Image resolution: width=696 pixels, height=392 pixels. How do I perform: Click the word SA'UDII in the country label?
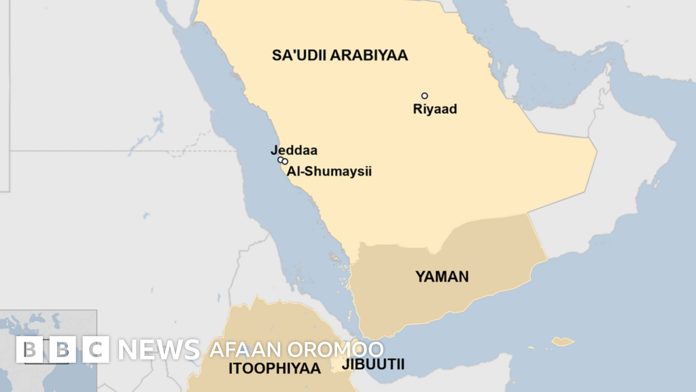tap(300, 56)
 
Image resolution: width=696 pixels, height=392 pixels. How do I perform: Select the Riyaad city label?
tap(435, 109)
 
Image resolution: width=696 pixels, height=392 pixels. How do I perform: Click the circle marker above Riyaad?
tap(425, 96)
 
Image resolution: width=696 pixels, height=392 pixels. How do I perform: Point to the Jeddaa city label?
tap(294, 150)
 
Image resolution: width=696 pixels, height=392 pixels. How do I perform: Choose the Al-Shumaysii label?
tap(329, 171)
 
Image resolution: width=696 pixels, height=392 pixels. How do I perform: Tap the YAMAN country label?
tap(442, 276)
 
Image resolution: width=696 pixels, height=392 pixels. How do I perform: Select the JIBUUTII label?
tap(374, 364)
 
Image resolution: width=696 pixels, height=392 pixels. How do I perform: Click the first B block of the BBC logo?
tap(29, 349)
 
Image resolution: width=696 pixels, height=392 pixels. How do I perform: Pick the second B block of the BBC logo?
tap(63, 349)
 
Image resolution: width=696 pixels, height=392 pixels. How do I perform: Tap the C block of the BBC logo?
tap(97, 349)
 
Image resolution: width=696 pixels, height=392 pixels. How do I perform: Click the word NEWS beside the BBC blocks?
tap(159, 350)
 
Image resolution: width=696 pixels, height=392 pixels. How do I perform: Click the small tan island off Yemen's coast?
tap(562, 341)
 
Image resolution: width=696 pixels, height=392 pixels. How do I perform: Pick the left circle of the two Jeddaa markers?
tap(280, 160)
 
